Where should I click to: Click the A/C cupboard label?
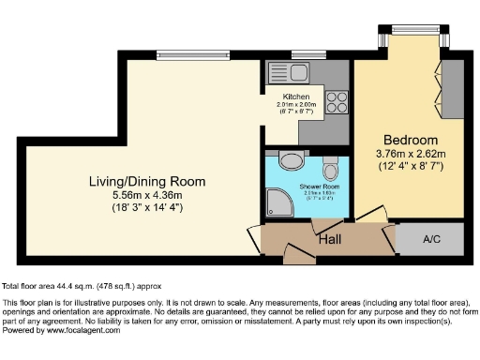click(x=431, y=239)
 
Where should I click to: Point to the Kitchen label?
click(x=296, y=97)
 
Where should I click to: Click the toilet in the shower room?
click(x=330, y=170)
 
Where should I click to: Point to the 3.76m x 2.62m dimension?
click(x=410, y=154)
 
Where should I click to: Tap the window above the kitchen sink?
click(x=302, y=52)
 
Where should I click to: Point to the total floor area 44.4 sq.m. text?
click(x=70, y=285)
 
